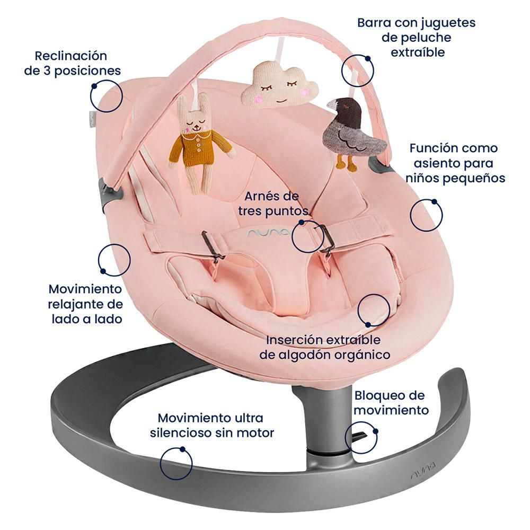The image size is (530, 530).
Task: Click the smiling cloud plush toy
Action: (x=280, y=86)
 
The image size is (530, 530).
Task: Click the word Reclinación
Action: (x=71, y=56)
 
